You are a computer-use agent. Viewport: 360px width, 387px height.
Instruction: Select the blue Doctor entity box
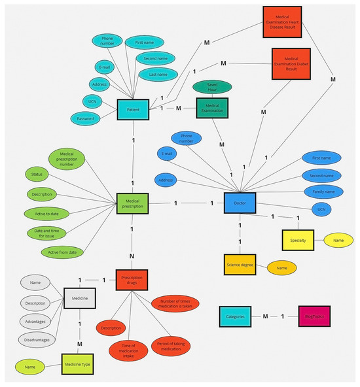tap(239, 203)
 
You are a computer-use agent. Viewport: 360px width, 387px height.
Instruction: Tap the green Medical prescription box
tap(133, 203)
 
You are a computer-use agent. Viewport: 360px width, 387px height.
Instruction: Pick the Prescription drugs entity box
tap(133, 280)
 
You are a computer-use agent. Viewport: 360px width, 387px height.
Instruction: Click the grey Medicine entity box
tap(80, 299)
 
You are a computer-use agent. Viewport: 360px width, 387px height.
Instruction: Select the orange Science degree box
tap(239, 264)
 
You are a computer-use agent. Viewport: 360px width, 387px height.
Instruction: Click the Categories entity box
tap(236, 316)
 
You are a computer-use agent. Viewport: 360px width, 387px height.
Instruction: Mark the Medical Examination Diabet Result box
tap(291, 65)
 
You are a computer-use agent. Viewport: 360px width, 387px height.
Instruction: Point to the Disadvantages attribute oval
tap(39, 339)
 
